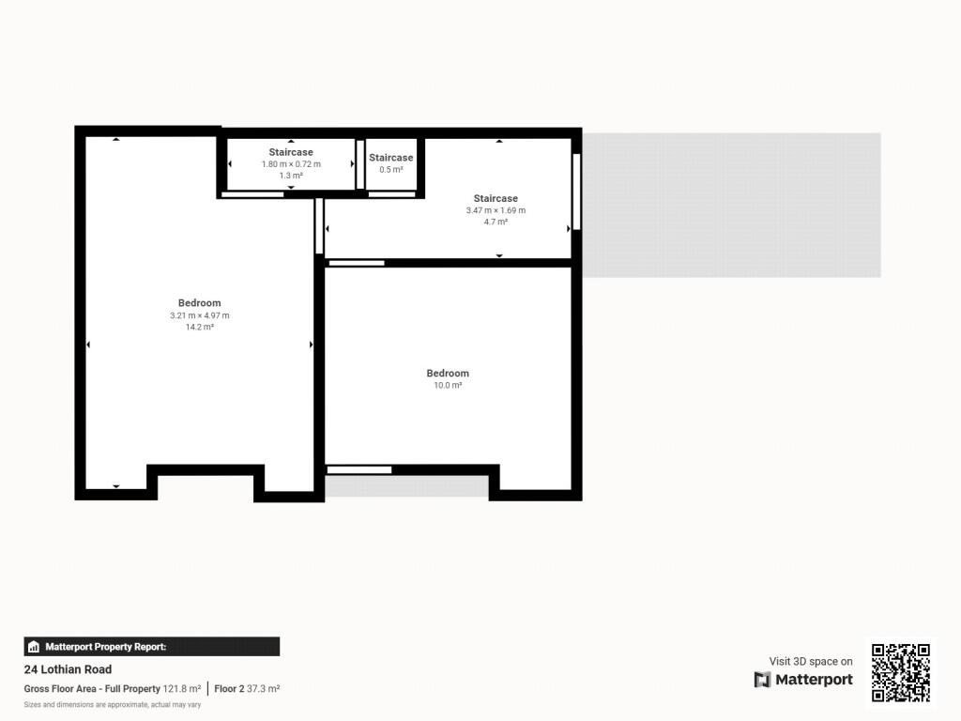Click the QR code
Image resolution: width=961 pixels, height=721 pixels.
(x=901, y=672)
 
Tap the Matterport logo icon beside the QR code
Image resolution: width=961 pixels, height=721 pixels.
(x=762, y=680)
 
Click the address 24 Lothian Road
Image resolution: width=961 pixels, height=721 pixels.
(x=68, y=669)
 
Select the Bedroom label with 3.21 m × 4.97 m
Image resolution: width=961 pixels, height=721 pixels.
(x=200, y=303)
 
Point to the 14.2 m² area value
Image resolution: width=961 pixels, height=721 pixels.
(x=200, y=327)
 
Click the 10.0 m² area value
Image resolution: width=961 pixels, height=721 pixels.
(x=448, y=385)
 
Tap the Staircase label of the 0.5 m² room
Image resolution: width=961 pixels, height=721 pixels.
(x=390, y=158)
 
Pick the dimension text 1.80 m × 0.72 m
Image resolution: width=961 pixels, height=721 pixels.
(x=291, y=164)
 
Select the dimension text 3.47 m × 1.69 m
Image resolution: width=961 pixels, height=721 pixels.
(x=496, y=210)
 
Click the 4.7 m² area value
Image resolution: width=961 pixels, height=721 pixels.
(x=496, y=222)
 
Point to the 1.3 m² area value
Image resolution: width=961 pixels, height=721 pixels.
(x=291, y=176)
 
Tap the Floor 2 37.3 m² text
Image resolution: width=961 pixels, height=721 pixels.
(x=247, y=688)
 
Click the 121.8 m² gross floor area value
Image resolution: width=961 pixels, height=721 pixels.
(x=182, y=688)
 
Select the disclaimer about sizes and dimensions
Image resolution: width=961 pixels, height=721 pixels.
(x=113, y=704)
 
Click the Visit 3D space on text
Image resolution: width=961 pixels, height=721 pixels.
(x=811, y=662)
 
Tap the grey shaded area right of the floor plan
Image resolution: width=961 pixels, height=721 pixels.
(x=732, y=205)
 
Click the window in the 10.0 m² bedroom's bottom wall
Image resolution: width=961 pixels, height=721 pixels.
(x=358, y=469)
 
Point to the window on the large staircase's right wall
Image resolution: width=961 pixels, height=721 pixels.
(x=576, y=192)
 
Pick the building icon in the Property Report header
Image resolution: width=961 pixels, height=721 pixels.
(x=35, y=647)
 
